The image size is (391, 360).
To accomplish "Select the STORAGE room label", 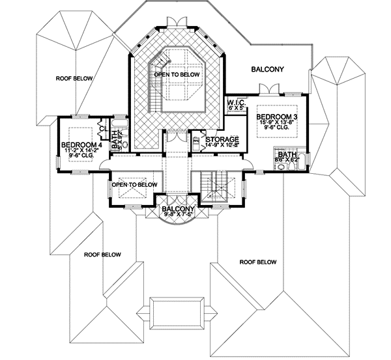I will (222, 140).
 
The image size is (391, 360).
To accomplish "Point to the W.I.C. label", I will (234, 102).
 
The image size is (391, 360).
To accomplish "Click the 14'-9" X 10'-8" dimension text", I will (222, 146).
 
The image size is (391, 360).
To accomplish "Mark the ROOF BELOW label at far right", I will (257, 262).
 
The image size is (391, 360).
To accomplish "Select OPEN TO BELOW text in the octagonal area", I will (177, 75).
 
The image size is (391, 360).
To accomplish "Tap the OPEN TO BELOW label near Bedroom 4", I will (135, 185).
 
